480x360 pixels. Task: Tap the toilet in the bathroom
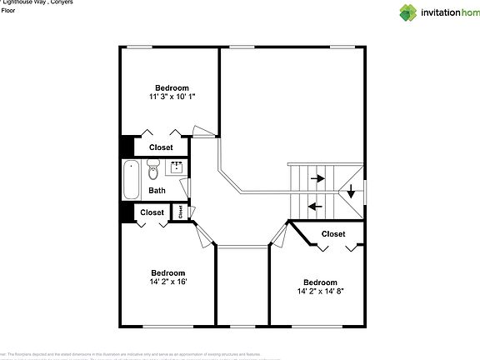(x=152, y=172)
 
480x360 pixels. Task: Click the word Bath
(x=157, y=191)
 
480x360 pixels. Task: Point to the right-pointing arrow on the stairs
(x=317, y=177)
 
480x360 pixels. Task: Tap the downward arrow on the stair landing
(x=352, y=191)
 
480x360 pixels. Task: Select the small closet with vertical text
(x=180, y=212)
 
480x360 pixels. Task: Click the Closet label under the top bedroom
(x=161, y=147)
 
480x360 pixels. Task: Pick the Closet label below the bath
(x=152, y=212)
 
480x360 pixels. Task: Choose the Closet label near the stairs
(x=333, y=234)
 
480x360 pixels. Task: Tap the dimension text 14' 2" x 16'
(x=168, y=282)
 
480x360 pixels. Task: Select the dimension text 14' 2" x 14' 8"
(x=321, y=292)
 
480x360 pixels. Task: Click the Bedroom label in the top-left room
(x=172, y=87)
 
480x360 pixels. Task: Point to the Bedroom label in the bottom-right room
(x=320, y=282)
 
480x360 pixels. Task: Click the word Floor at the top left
(x=7, y=12)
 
